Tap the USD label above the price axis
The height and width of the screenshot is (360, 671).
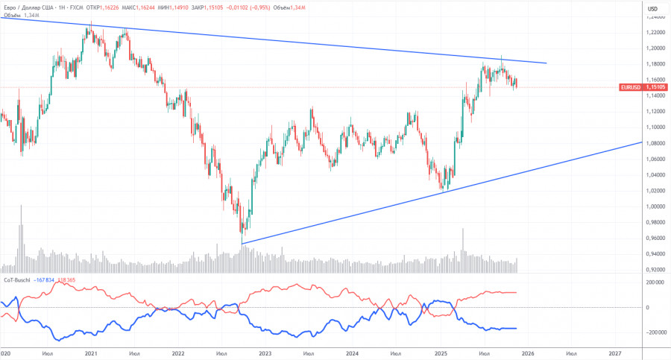[x=652, y=8]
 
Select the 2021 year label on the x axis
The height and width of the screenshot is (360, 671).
[x=90, y=353]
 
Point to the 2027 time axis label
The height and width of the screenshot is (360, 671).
[x=616, y=353]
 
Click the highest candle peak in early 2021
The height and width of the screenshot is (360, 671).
[x=91, y=25]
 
